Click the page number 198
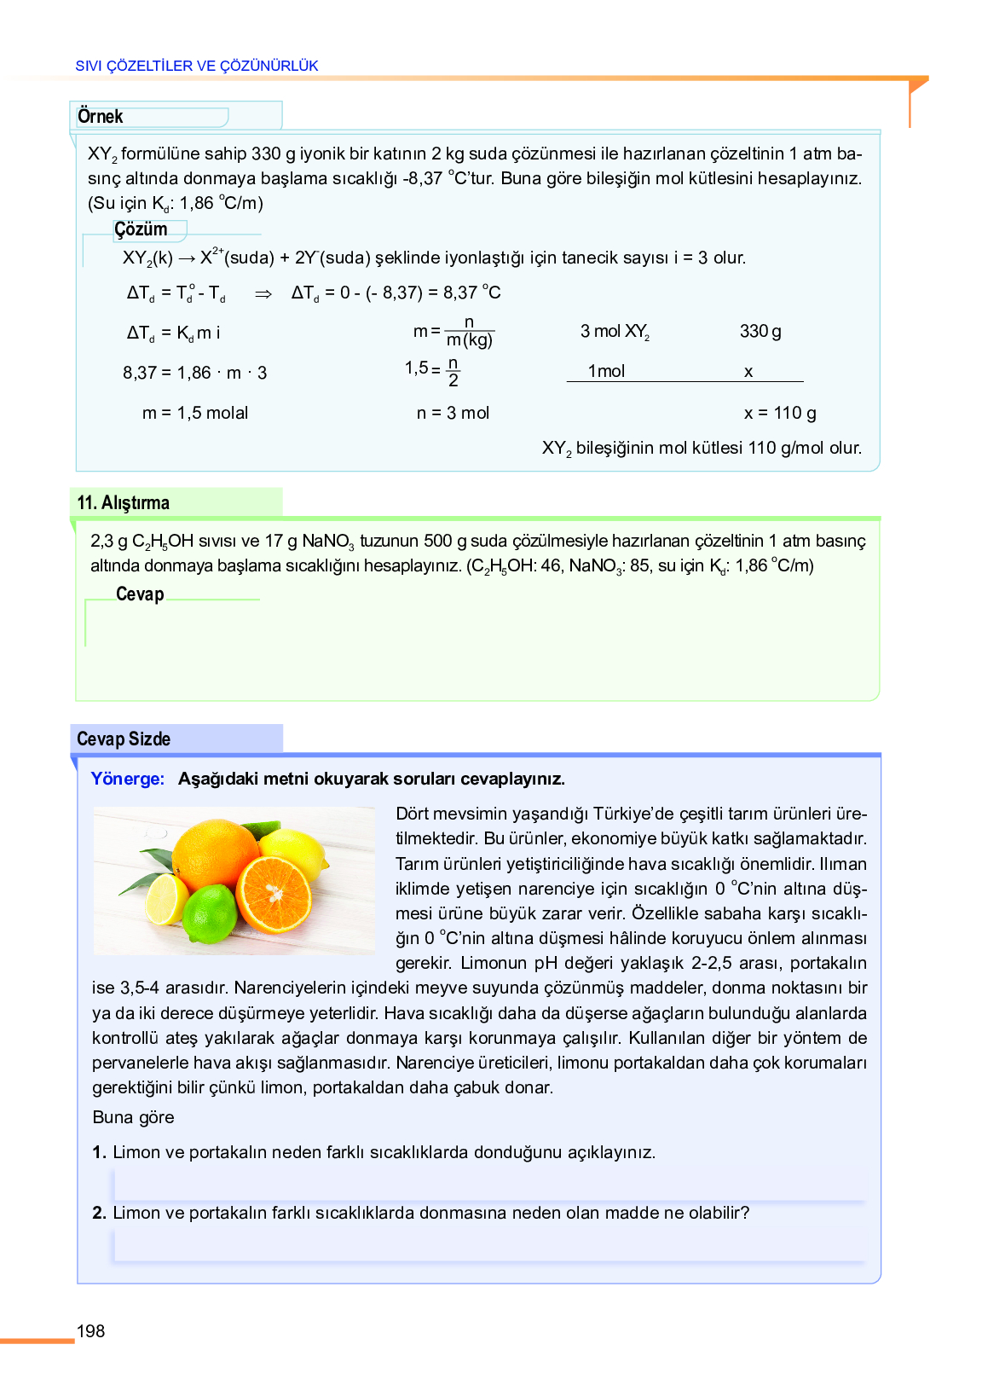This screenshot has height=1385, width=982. [x=90, y=1331]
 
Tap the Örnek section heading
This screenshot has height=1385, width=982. [x=100, y=116]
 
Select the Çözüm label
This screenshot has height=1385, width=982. [x=141, y=229]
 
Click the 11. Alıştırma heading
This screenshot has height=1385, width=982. [x=124, y=503]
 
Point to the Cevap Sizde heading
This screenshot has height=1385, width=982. [x=124, y=739]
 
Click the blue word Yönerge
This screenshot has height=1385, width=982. [x=127, y=779]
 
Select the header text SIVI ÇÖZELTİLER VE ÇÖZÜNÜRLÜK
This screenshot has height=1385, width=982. [x=197, y=66]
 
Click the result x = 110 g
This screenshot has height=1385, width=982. [x=779, y=414]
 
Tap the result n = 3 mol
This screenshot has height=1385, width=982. [x=453, y=414]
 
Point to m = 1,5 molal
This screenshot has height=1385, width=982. [x=195, y=414]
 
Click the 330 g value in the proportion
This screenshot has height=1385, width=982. [x=760, y=332]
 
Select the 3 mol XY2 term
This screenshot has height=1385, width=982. [x=615, y=332]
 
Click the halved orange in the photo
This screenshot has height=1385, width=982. [x=274, y=894]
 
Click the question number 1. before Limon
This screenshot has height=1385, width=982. [x=100, y=1153]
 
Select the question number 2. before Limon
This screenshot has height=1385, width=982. [x=100, y=1214]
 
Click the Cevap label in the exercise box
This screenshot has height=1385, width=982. [x=140, y=594]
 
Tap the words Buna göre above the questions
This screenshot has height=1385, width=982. [x=133, y=1118]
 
